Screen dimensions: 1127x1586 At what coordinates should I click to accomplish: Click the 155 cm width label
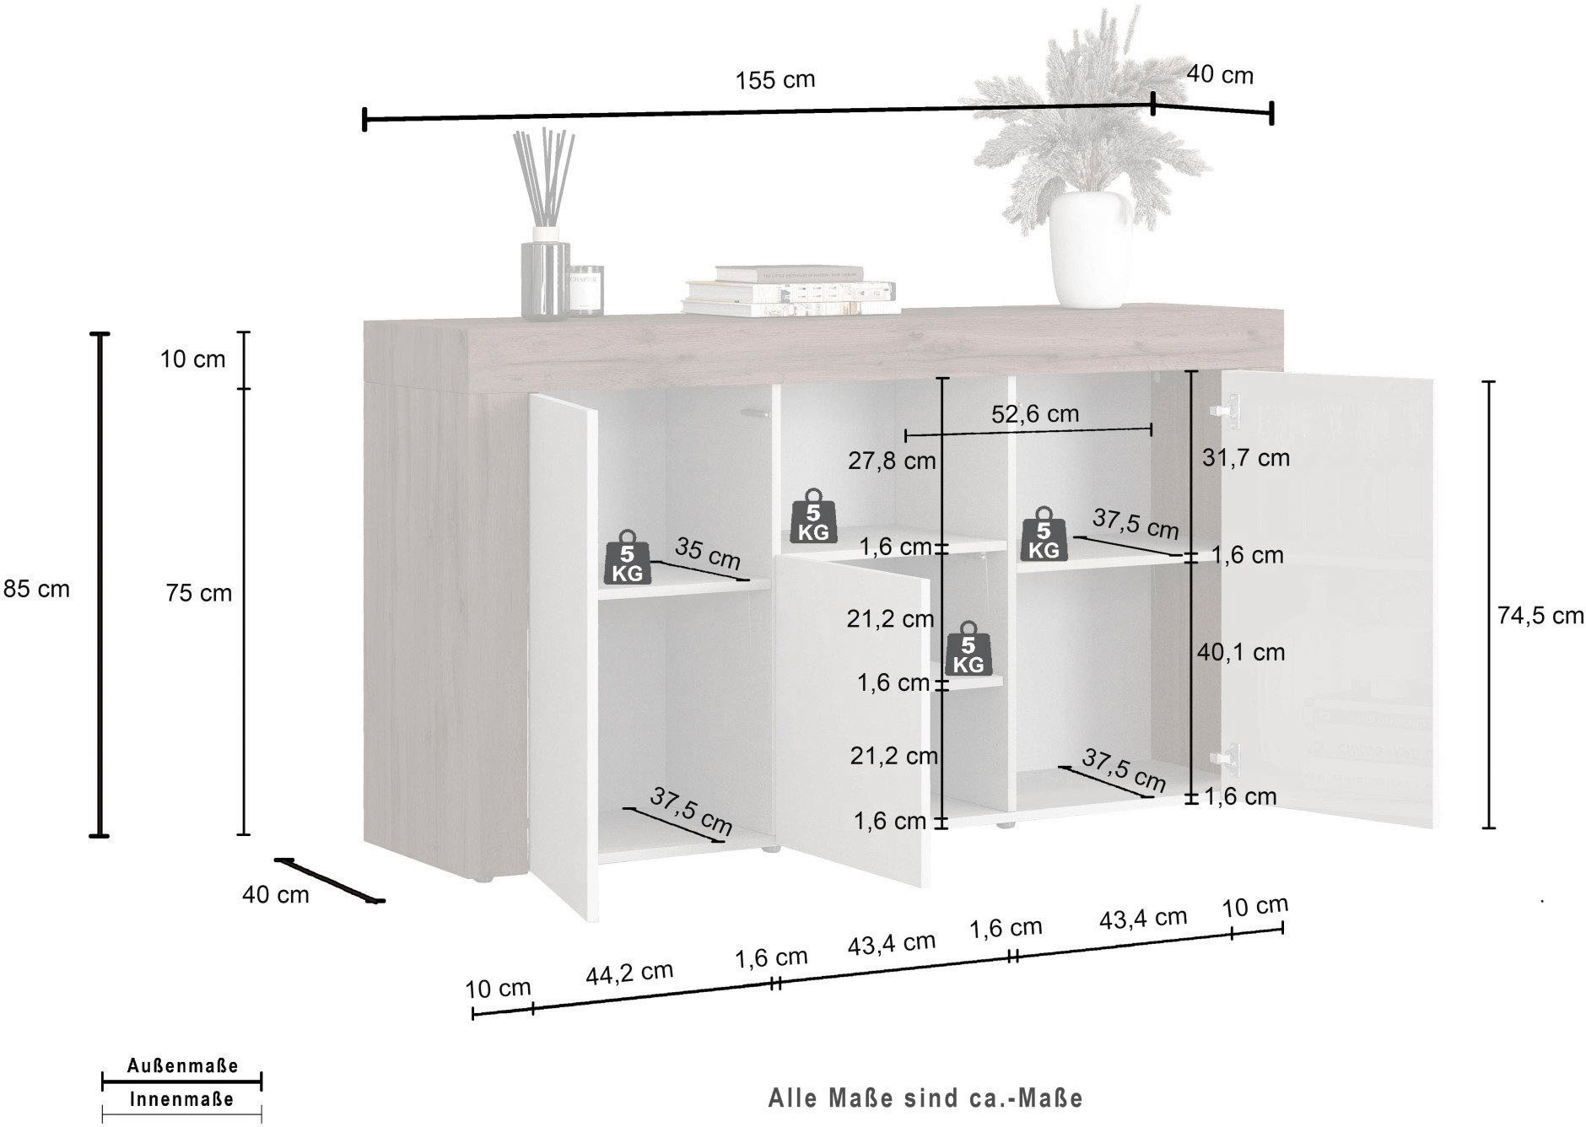tap(775, 80)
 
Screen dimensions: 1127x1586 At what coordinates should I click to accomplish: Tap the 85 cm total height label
tap(37, 589)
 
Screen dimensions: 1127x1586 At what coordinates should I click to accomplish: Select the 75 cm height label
tap(199, 593)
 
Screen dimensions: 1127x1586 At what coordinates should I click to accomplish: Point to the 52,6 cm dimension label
tap(1036, 413)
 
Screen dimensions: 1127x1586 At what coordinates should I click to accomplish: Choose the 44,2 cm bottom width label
tap(629, 973)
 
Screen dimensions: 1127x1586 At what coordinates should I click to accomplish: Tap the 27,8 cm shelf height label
tap(893, 461)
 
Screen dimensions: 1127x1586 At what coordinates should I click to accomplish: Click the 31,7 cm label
tap(1246, 458)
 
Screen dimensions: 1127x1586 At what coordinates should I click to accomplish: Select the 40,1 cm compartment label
tap(1241, 651)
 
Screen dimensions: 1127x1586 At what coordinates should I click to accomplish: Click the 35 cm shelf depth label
tap(708, 553)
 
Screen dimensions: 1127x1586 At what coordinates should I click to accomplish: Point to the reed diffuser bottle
tap(544, 278)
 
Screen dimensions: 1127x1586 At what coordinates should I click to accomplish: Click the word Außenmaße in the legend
tap(182, 1066)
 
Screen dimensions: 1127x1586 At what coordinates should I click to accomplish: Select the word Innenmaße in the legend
tap(181, 1099)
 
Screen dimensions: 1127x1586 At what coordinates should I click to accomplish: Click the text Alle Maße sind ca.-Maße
tap(925, 1097)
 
